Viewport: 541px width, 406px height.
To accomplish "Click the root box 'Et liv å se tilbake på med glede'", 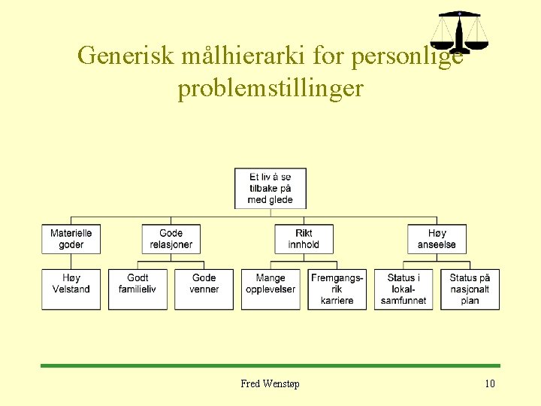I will pos(270,189).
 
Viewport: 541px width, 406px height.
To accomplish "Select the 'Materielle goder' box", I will pos(71,239).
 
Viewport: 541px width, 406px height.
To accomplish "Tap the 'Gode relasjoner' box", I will pos(171,239).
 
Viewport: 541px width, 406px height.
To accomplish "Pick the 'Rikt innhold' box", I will pos(304,239).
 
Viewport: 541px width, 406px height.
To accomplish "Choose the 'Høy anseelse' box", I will pos(437,239).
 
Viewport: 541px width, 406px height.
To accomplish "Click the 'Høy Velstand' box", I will pos(71,289).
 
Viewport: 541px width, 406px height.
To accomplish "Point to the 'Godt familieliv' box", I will pos(138,289).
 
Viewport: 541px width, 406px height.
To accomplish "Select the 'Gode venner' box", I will pos(204,289).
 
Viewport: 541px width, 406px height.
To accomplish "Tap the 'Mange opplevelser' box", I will pos(270,289).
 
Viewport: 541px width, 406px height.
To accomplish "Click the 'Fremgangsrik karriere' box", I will pos(337,289).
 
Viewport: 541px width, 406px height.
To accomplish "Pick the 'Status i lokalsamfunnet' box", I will pos(403,289).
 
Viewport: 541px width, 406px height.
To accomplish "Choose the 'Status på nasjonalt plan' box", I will pos(470,289).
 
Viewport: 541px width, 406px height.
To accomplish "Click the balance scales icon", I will pos(459,31).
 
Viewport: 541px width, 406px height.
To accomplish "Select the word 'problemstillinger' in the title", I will pos(270,89).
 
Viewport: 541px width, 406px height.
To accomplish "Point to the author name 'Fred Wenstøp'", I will pos(270,384).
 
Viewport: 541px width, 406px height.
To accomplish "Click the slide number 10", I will pos(489,384).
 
